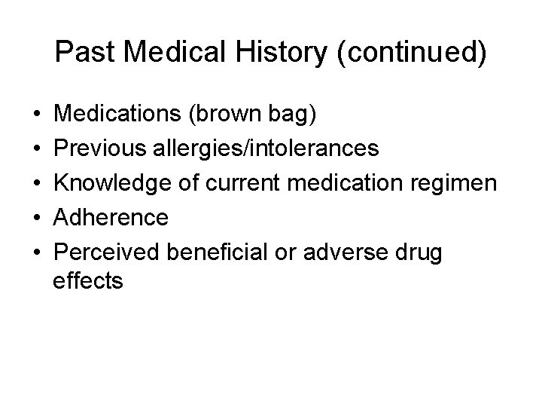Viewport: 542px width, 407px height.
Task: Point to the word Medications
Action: click(x=120, y=115)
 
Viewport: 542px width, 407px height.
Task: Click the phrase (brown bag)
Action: click(x=255, y=115)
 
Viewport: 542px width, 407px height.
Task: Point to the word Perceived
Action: click(x=107, y=251)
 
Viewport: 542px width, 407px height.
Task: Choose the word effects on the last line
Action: click(x=88, y=281)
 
